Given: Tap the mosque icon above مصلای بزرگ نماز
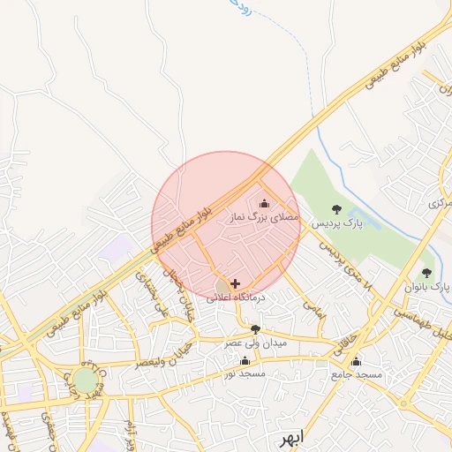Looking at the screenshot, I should pyautogui.click(x=263, y=204).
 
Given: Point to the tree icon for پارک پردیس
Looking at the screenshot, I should pyautogui.click(x=335, y=210).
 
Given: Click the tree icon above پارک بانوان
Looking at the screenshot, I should pyautogui.click(x=427, y=273).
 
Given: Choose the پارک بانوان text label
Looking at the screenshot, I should pyautogui.click(x=428, y=287).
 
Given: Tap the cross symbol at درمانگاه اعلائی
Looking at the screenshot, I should pyautogui.click(x=235, y=283).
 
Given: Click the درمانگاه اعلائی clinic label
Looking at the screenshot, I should pyautogui.click(x=237, y=298).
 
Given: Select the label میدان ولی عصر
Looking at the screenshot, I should pyautogui.click(x=255, y=342).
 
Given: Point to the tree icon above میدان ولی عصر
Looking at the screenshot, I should pyautogui.click(x=255, y=329).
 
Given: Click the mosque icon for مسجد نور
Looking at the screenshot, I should pyautogui.click(x=245, y=360).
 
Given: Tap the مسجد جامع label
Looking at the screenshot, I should pyautogui.click(x=358, y=374).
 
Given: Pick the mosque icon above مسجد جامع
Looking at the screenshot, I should pyautogui.click(x=356, y=361).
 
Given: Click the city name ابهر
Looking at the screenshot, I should pyautogui.click(x=288, y=437).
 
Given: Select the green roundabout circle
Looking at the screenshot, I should pyautogui.click(x=86, y=380).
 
